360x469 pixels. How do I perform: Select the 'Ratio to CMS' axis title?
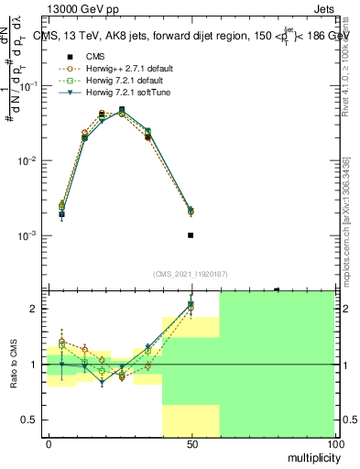14,365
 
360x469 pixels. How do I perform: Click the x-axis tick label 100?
334,443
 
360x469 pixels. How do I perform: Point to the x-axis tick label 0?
49,443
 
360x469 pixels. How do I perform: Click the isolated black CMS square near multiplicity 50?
191,235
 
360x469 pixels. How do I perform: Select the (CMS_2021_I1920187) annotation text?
191,274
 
